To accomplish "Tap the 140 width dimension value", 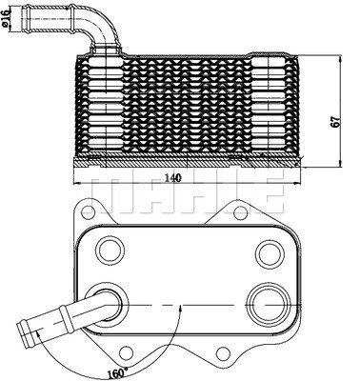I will pyautogui.click(x=172, y=177).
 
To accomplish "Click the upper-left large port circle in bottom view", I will pyautogui.click(x=110, y=251).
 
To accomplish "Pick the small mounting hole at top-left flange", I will pyautogui.click(x=89, y=210).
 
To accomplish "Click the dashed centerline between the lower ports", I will pyautogui.click(x=190, y=306).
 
